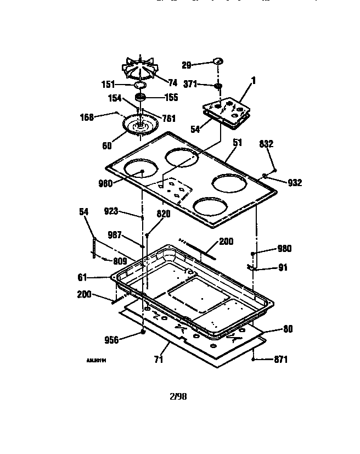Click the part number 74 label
pyautogui.click(x=172, y=83)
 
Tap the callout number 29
pyautogui.click(x=187, y=65)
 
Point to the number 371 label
pyautogui.click(x=189, y=85)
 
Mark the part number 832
pyautogui.click(x=266, y=143)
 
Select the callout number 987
pyautogui.click(x=114, y=235)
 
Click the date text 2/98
pyautogui.click(x=179, y=395)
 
